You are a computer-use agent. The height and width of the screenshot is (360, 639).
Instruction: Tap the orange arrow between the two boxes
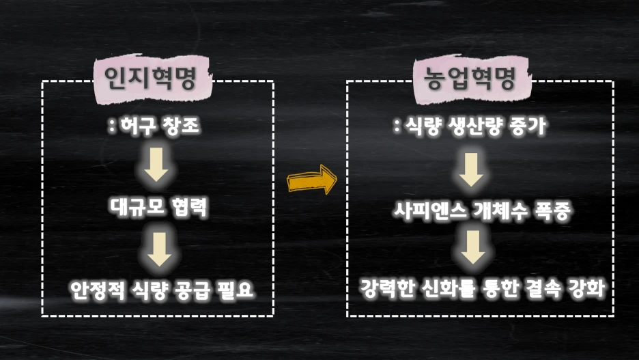pos(312,182)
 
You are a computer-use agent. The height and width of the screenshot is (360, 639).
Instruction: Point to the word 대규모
pos(134,208)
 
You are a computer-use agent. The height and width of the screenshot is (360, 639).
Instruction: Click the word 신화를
pos(454,288)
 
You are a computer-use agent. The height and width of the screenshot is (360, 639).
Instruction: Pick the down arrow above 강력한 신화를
pos(472,249)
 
